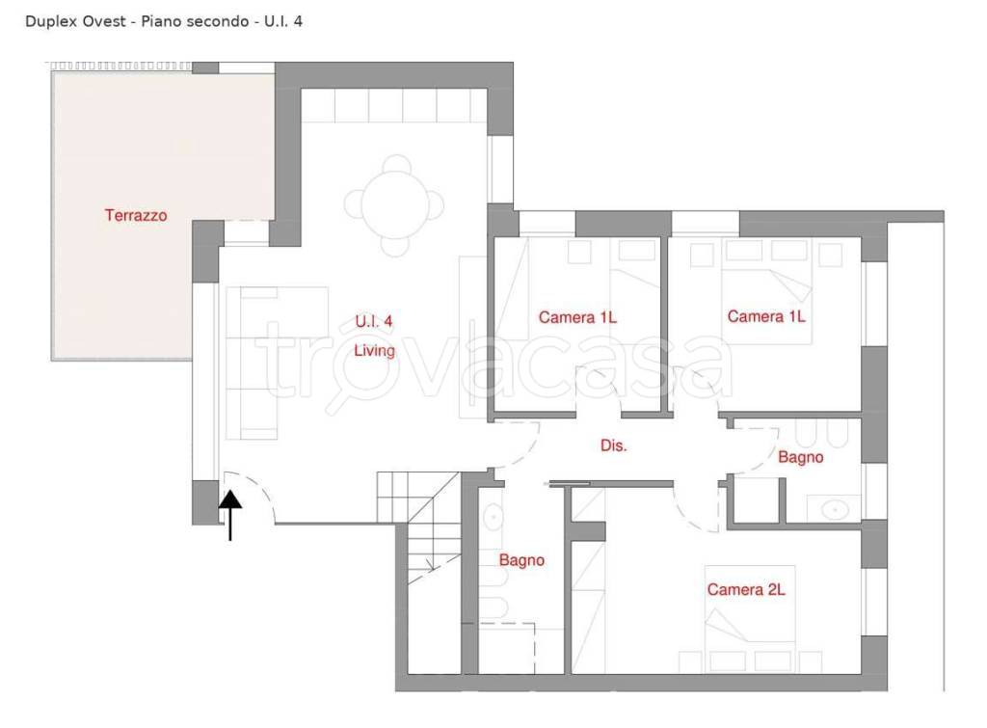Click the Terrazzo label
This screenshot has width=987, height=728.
pos(136,215)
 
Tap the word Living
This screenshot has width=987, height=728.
pos(375,351)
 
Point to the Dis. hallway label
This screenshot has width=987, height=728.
pos(614,445)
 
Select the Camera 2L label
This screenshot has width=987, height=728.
pos(746,589)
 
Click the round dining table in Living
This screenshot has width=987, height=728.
pos(394,205)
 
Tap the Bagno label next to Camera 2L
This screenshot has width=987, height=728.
pos(521,560)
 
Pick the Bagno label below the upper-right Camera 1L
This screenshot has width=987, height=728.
pos(801,457)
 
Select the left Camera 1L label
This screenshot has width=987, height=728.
pos(577,317)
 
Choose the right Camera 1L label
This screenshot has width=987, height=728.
pos(766,315)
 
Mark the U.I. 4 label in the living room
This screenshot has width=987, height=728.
pos(373,321)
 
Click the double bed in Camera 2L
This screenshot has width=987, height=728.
pos(750,618)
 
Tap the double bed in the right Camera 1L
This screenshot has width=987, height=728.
pos(766,291)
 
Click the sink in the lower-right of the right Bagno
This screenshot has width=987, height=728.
pos(834,508)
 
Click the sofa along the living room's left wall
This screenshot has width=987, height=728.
pos(252,364)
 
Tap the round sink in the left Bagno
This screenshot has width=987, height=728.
pos(493,517)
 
